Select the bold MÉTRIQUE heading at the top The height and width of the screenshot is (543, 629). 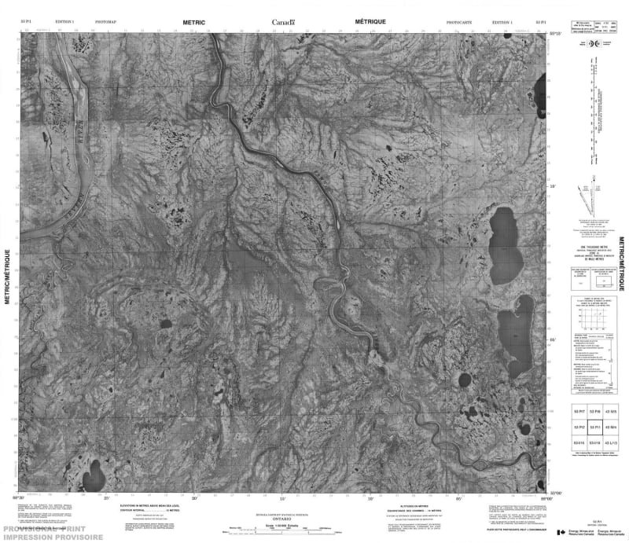click(370, 24)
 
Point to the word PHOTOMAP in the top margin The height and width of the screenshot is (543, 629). click(105, 24)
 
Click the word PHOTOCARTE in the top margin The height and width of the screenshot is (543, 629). click(458, 24)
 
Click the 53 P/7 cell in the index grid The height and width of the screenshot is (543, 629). click(579, 411)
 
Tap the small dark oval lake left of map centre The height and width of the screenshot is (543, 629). click(166, 323)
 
